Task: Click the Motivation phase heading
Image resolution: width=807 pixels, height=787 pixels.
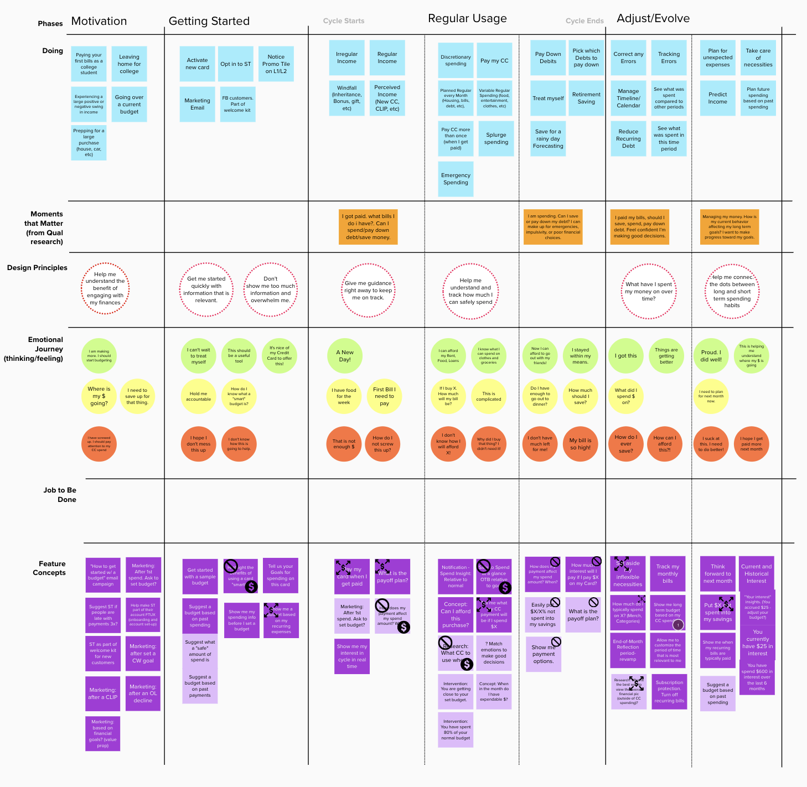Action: pos(99,22)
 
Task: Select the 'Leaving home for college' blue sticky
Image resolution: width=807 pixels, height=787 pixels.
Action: pos(129,64)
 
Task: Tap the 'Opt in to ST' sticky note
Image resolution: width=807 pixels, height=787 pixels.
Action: pos(236,64)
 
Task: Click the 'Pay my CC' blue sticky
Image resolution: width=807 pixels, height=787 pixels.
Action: pos(494,61)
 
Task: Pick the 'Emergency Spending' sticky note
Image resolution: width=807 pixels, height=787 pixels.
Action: pos(456,179)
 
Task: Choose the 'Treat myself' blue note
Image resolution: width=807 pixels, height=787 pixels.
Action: pos(548,99)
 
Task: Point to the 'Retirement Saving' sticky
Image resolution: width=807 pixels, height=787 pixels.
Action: pos(586,99)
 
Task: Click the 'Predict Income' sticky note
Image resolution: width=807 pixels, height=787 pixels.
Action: pos(717,99)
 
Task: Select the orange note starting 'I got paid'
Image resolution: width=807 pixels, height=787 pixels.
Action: pos(368,227)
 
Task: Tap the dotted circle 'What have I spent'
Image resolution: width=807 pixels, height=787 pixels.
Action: pos(649,292)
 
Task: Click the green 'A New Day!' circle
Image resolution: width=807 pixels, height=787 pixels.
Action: pos(345,356)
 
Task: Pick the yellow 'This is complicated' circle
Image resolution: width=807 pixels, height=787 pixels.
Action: pos(489,396)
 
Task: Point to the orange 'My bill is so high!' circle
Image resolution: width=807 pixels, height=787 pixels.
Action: pos(580,444)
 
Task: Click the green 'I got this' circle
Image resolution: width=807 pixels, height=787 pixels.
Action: pos(626,356)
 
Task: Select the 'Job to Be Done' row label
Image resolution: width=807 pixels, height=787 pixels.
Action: pos(60,495)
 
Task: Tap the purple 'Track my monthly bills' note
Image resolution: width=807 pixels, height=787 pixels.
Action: pos(668,574)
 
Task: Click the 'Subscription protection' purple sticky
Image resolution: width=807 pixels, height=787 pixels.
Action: pos(669,692)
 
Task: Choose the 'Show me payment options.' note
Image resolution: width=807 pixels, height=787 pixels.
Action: pos(543,654)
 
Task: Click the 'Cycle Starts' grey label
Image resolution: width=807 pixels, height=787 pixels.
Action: pos(344,21)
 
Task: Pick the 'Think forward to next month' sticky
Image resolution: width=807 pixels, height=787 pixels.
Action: pos(717,574)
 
